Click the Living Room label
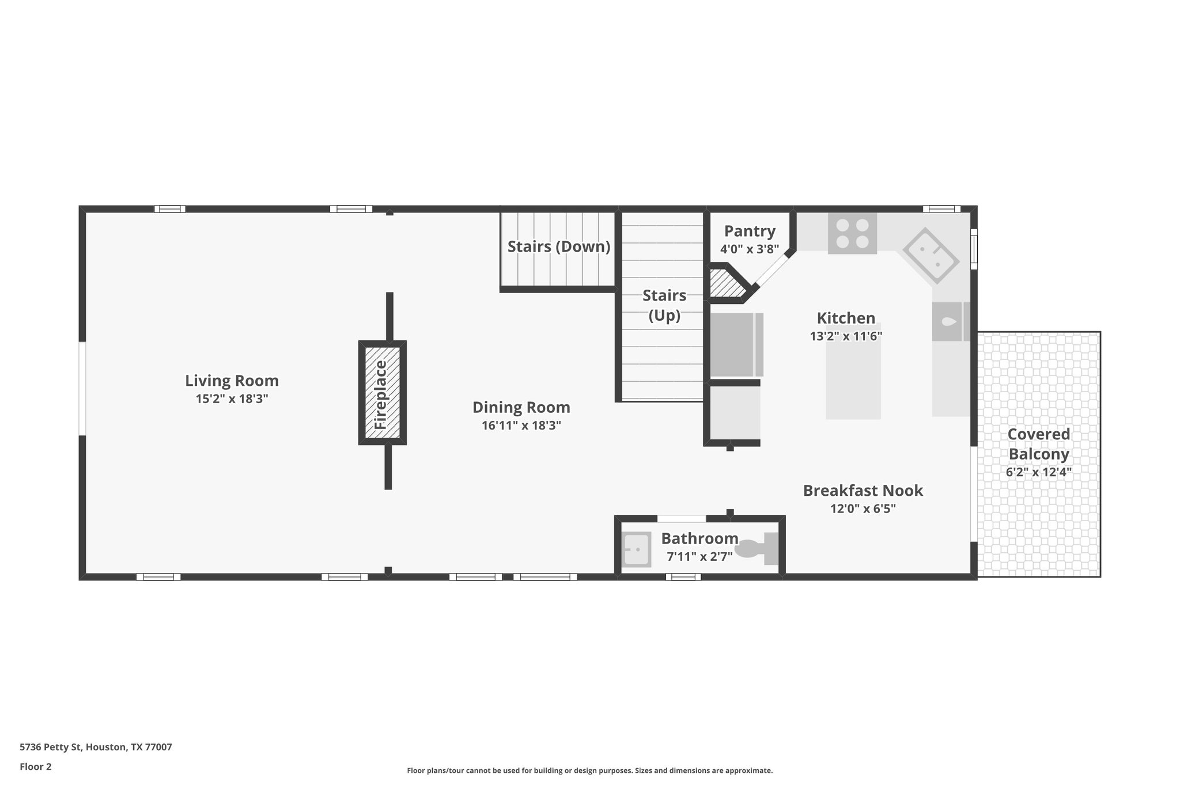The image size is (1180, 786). click(232, 381)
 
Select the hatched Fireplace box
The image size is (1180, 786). click(382, 393)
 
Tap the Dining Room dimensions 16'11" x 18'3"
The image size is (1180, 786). click(521, 426)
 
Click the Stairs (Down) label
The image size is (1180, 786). click(558, 246)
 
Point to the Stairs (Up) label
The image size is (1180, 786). click(664, 305)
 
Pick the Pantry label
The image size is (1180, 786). click(749, 231)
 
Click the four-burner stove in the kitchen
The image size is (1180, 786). click(852, 233)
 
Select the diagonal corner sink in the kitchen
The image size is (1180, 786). click(931, 256)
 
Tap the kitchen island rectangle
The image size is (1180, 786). click(853, 383)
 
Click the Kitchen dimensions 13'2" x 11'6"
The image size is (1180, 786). click(846, 336)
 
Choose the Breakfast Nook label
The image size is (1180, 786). click(863, 491)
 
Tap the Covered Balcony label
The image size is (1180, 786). click(1038, 444)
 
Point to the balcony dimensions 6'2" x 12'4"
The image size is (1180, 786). click(1038, 472)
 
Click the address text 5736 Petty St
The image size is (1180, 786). click(96, 747)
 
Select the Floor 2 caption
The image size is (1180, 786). click(36, 766)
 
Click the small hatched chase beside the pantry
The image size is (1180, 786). click(725, 283)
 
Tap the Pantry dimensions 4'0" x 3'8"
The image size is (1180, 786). click(749, 249)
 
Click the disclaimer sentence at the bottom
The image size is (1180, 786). click(589, 770)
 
